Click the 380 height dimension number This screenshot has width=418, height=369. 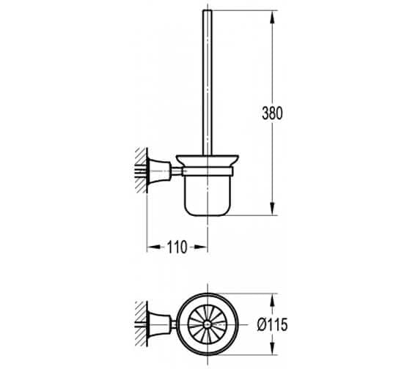pyautogui.click(x=271, y=113)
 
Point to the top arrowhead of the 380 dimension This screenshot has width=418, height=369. pyautogui.click(x=274, y=15)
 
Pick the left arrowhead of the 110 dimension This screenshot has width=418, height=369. pyautogui.click(x=150, y=247)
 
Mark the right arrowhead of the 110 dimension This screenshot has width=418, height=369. pyautogui.click(x=204, y=247)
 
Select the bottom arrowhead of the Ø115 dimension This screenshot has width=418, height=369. pyautogui.click(x=274, y=352)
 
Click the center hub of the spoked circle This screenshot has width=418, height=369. pyautogui.click(x=205, y=325)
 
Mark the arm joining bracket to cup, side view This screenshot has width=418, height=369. pyautogui.click(x=175, y=171)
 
